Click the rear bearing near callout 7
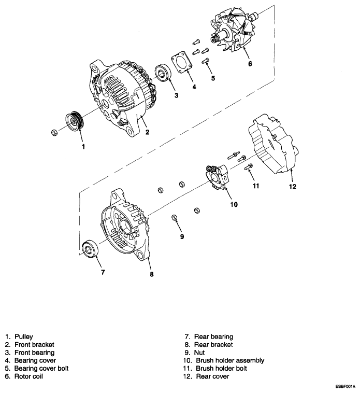[92, 250]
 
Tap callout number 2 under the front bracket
[148, 133]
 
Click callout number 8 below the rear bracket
[151, 274]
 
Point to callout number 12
[292, 187]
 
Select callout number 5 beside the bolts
[212, 78]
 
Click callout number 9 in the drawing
[181, 236]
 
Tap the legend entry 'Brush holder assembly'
[230, 360]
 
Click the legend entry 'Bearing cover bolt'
[42, 368]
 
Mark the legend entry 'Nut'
[200, 352]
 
